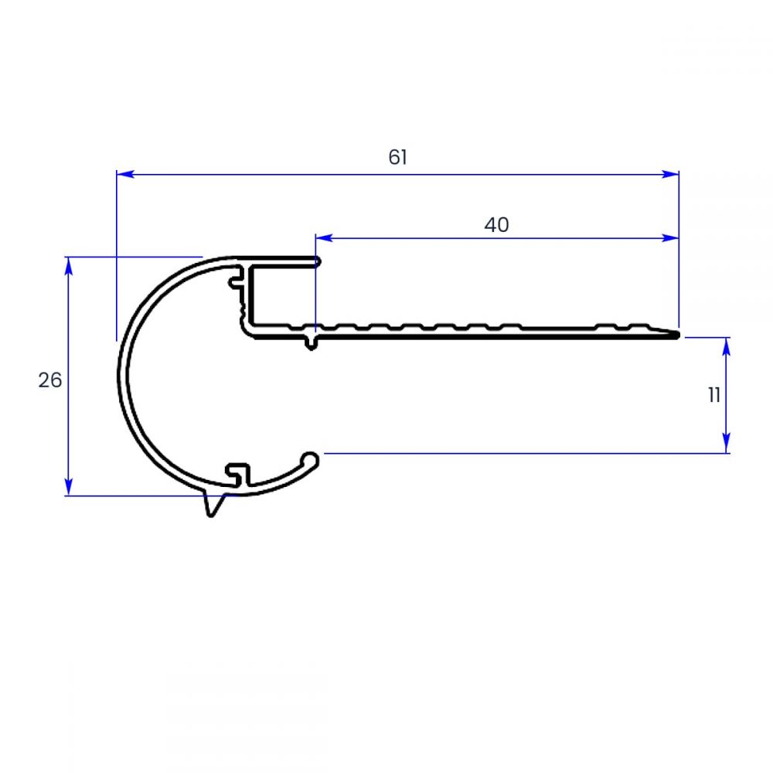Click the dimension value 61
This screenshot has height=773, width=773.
coord(397,158)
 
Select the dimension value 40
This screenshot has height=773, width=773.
coord(496,225)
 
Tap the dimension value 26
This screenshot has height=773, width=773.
coord(50,380)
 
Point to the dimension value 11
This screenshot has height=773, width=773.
coord(713,395)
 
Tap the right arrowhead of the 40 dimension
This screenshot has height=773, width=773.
coord(671,238)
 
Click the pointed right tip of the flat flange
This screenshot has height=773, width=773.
coord(676,335)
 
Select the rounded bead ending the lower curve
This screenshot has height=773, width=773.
coord(312,459)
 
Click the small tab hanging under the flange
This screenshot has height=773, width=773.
coord(311,342)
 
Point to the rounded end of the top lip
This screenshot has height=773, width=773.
coord(316,262)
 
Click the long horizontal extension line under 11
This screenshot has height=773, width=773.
coord(526,453)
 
